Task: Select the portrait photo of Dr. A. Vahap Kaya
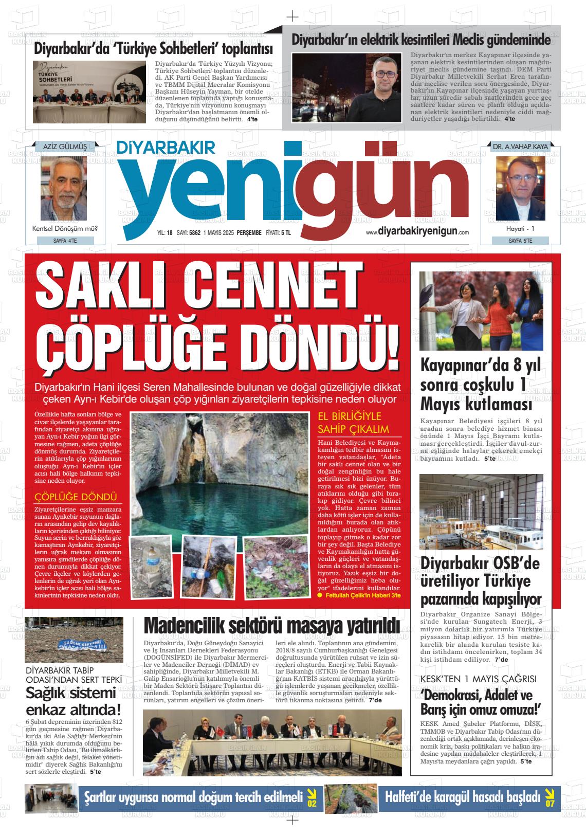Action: [520, 188]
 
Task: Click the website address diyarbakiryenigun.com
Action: [417, 232]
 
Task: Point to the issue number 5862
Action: [195, 233]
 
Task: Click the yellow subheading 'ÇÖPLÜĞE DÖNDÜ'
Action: [75, 497]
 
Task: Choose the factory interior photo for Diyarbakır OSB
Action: [481, 512]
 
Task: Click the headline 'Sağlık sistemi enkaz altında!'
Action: [74, 701]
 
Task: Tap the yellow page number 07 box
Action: [550, 798]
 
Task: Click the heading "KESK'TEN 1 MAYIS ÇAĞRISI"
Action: [478, 679]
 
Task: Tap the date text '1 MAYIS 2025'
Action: [218, 233]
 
